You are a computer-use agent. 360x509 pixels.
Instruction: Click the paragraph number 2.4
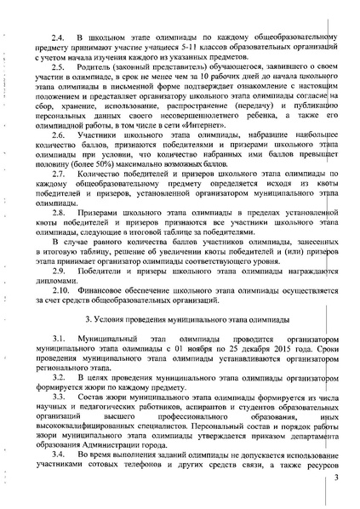pyautogui.click(x=59, y=39)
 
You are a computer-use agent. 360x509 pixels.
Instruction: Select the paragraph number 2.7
pyautogui.click(x=59, y=172)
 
